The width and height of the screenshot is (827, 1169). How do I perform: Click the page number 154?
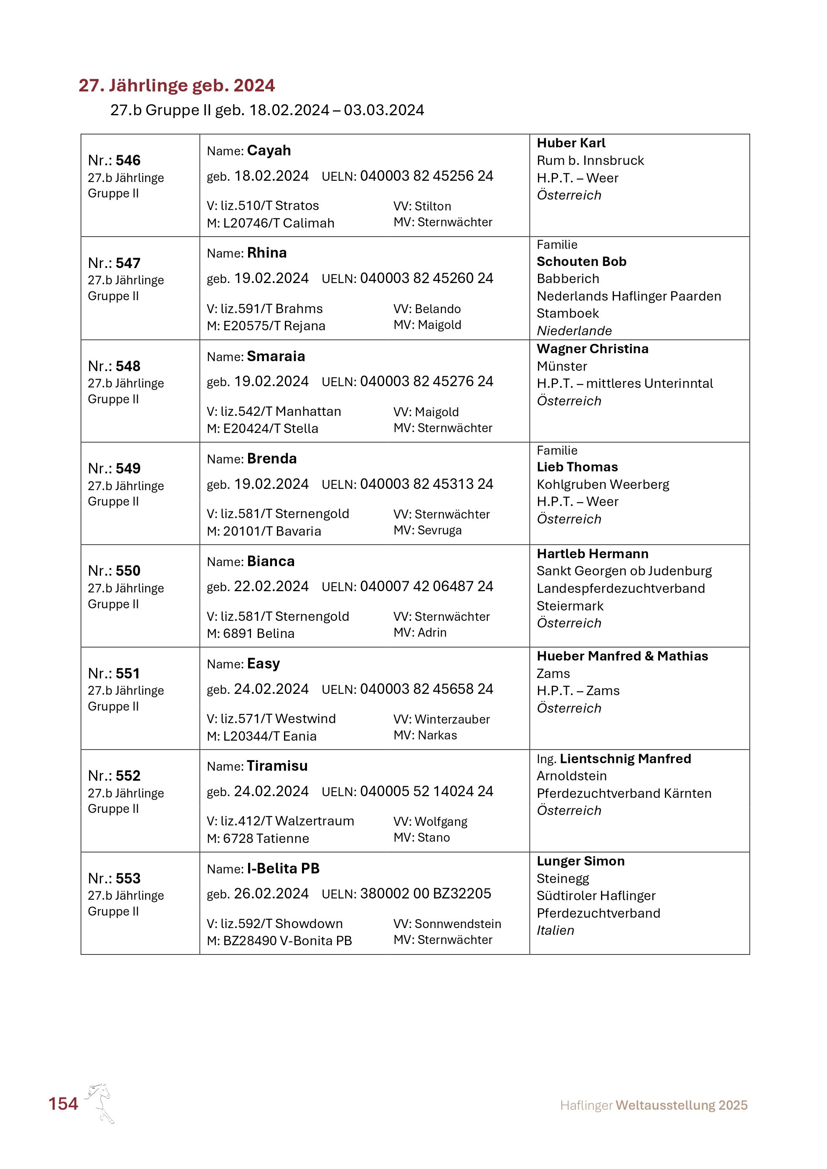(63, 1104)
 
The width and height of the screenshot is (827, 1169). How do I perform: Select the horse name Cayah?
(269, 151)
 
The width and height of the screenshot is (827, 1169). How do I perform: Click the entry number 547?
(128, 263)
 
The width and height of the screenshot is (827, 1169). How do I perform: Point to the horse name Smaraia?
(276, 357)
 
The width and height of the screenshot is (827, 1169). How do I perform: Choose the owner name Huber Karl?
(571, 143)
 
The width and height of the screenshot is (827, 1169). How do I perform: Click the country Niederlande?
(574, 331)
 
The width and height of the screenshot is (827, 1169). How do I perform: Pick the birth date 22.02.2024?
(271, 587)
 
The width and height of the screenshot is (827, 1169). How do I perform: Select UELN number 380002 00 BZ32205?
(425, 893)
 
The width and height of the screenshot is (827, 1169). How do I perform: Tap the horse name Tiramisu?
(277, 766)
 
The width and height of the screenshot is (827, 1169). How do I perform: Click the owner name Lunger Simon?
(581, 861)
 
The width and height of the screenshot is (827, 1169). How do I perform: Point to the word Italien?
(555, 930)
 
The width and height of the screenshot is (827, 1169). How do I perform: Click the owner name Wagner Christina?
(592, 349)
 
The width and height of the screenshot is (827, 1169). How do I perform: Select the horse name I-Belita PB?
(283, 868)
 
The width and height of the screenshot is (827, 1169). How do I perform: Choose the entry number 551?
(128, 673)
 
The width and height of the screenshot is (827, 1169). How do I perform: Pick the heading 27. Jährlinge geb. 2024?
(177, 86)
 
